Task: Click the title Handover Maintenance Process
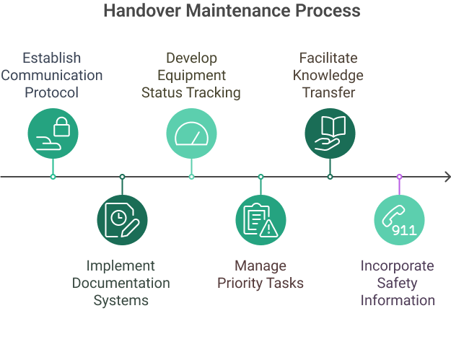231,12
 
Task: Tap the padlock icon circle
53,133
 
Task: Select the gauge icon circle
191,133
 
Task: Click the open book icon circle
330,133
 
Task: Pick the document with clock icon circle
122,220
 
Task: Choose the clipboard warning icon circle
260,220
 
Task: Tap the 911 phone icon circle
399,220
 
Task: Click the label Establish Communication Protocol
52,74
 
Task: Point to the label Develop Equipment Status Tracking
191,74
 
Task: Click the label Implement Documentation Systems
121,283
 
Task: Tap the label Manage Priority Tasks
260,275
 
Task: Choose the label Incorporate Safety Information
398,283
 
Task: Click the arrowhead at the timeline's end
446,177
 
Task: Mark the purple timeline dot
399,177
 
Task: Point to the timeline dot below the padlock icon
53,177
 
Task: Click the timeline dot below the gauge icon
191,177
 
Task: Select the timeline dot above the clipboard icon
260,177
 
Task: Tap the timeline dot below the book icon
330,177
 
